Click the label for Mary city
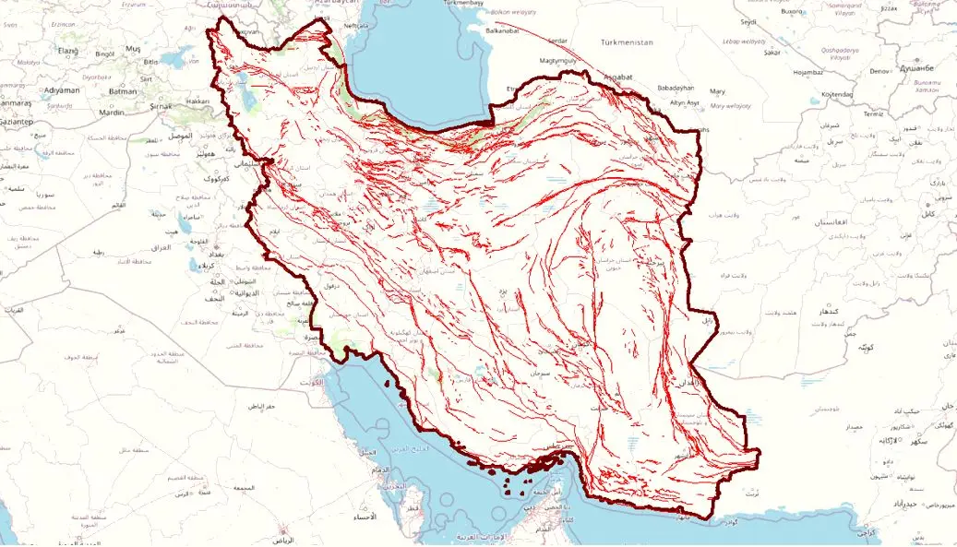(717, 91)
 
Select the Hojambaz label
(807, 71)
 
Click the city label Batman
(123, 91)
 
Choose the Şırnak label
(161, 106)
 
